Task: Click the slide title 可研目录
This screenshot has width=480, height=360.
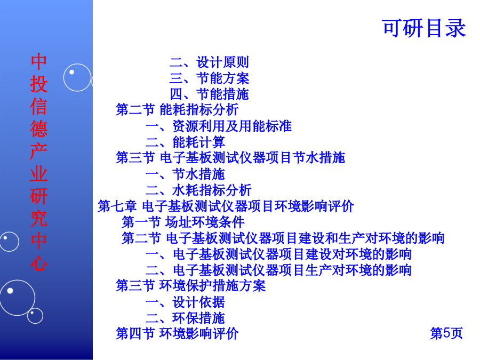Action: point(424,28)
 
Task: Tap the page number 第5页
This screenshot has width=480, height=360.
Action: point(446,333)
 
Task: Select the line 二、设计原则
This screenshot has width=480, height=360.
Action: point(210,62)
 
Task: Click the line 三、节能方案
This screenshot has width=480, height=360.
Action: point(210,78)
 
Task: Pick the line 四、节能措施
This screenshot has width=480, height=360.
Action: point(210,94)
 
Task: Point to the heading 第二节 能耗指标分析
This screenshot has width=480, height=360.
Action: point(177,109)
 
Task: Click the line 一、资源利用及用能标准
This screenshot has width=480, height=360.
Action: point(219,126)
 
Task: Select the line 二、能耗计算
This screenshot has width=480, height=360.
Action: point(186,142)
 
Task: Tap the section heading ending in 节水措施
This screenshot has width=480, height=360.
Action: point(230,158)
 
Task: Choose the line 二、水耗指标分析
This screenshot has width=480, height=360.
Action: point(199,190)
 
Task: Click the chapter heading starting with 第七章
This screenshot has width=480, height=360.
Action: point(226,206)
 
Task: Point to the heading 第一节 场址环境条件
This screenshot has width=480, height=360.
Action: point(183,222)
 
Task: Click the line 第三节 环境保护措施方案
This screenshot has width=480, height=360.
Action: point(191,286)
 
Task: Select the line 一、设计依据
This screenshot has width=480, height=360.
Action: point(186,302)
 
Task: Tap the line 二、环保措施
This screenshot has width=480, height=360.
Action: point(186,318)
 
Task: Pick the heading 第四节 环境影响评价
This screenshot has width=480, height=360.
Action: point(177,333)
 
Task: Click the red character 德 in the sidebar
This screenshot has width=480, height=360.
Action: point(39,129)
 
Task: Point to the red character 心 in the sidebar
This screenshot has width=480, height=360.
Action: point(39,262)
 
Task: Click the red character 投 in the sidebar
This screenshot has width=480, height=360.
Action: point(39,84)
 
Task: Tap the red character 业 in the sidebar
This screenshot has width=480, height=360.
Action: point(39,173)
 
